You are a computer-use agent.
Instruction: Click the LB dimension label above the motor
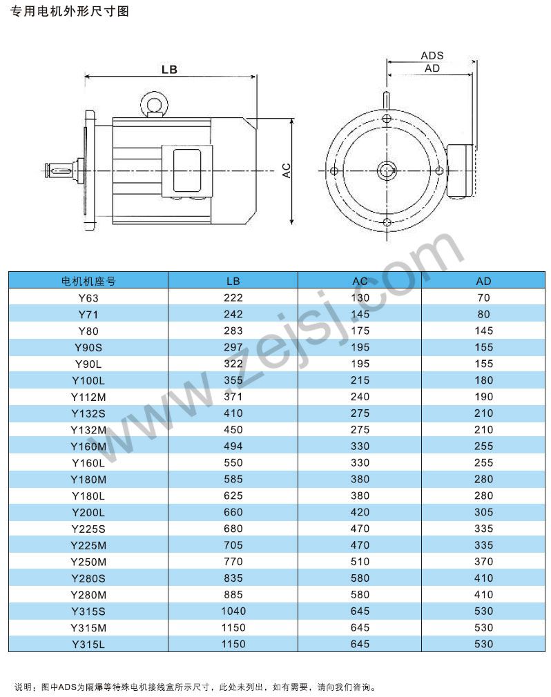point(169,69)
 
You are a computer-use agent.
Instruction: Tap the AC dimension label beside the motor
point(287,170)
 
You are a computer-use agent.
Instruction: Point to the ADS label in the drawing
point(432,56)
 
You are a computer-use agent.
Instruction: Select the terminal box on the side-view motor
point(187,170)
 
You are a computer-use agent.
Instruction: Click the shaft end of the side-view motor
point(59,170)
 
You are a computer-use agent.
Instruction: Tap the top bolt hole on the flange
point(387,119)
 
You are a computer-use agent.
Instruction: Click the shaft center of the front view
point(387,170)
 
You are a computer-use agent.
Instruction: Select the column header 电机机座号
point(88,281)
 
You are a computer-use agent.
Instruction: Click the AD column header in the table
point(483,281)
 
